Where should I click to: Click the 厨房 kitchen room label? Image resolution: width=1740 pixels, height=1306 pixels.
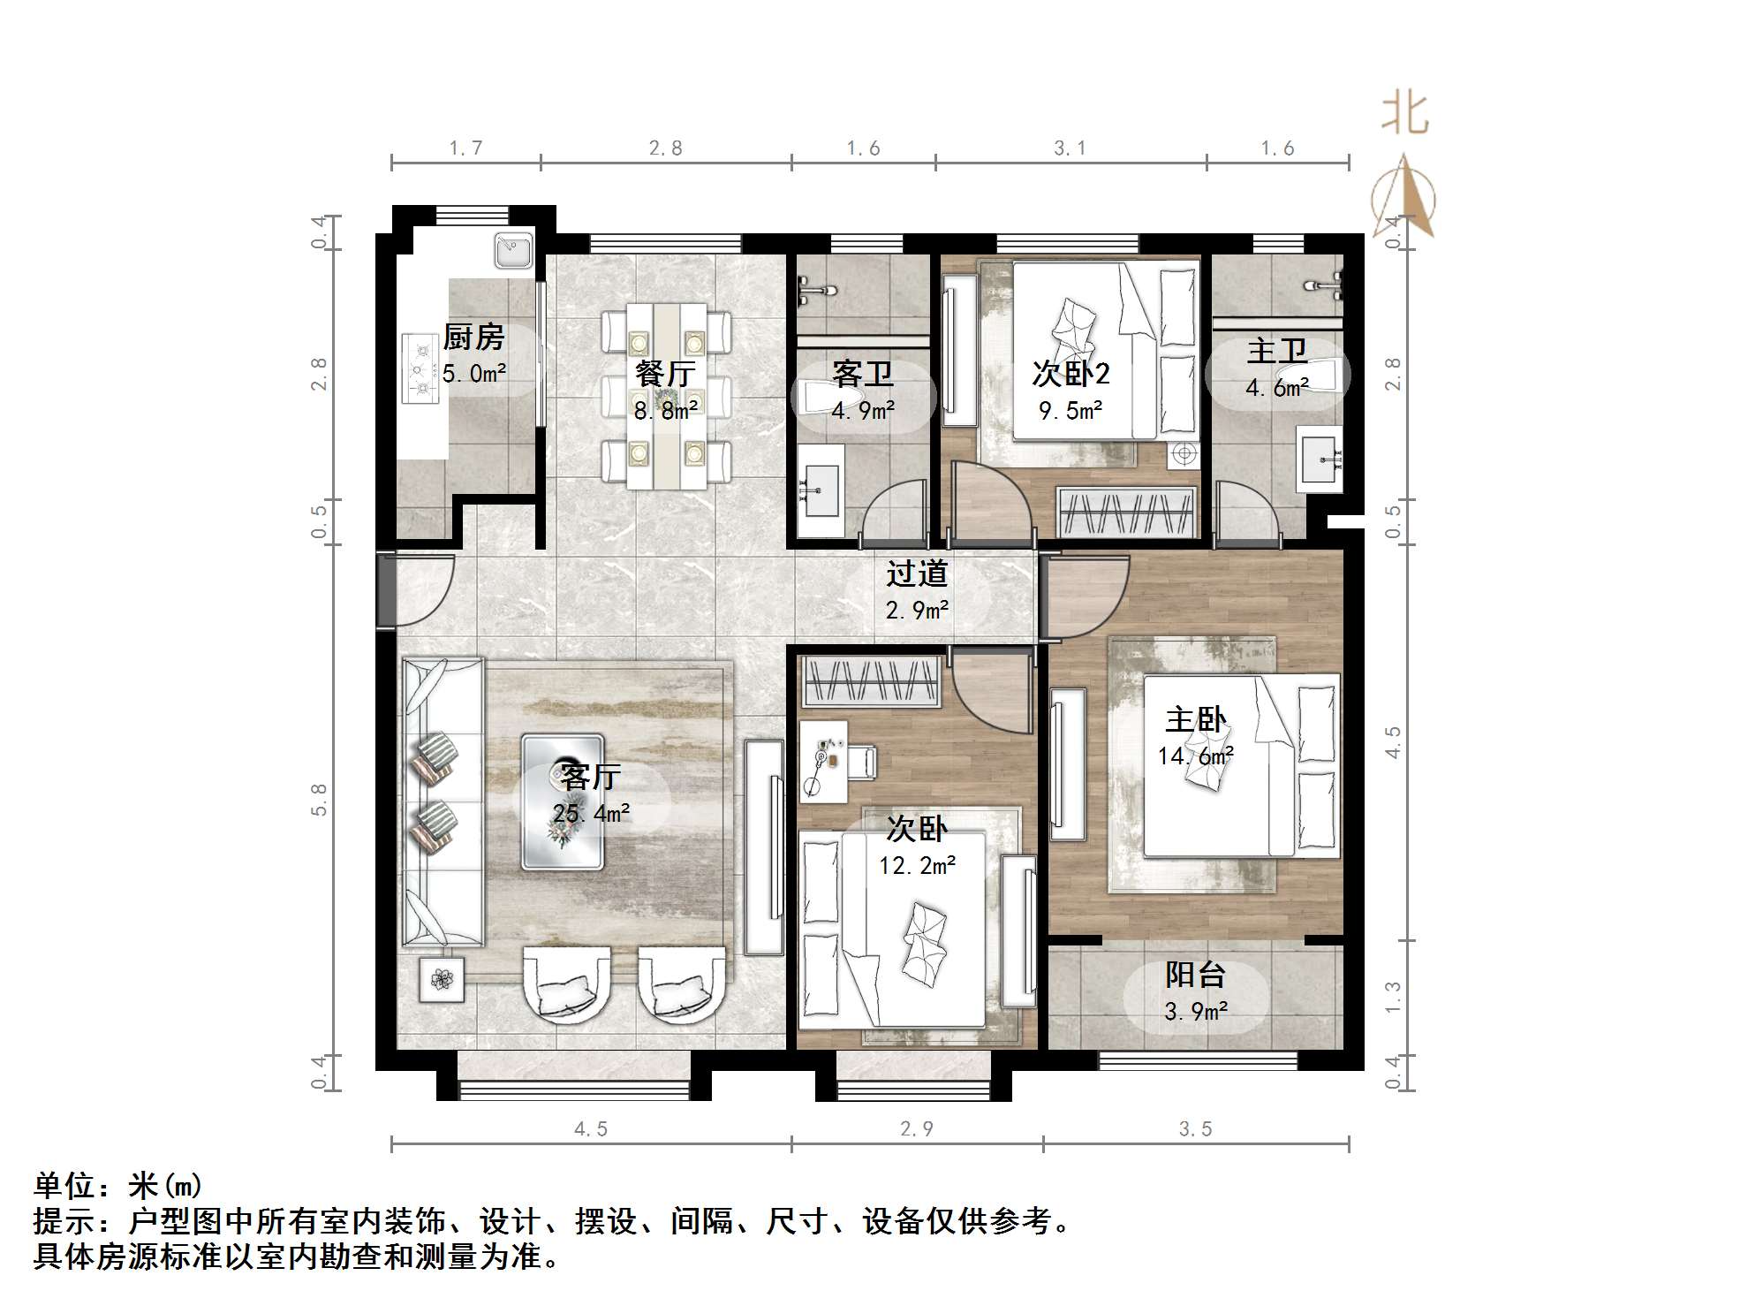click(473, 337)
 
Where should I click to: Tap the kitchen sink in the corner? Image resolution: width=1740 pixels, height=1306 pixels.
click(513, 248)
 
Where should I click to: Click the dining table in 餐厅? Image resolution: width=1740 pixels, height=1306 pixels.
click(666, 396)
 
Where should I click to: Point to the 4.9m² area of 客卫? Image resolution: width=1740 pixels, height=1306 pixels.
click(863, 411)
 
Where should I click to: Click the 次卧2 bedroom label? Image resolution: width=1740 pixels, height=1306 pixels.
click(1070, 374)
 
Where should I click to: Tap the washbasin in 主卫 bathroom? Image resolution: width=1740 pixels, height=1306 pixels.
click(1319, 459)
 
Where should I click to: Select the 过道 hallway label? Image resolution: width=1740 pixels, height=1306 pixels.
click(917, 573)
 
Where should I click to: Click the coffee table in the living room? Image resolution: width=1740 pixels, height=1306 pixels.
click(563, 802)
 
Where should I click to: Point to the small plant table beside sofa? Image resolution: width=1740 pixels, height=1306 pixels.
click(442, 979)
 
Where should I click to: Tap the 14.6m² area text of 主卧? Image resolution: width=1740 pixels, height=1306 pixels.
click(1196, 756)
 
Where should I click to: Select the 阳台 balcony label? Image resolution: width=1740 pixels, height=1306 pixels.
click(1195, 975)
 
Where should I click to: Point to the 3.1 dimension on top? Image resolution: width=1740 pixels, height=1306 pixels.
click(1070, 148)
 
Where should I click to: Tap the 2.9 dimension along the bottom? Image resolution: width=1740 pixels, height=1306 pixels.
click(916, 1128)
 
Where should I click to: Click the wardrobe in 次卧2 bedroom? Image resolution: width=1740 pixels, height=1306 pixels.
click(1126, 513)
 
